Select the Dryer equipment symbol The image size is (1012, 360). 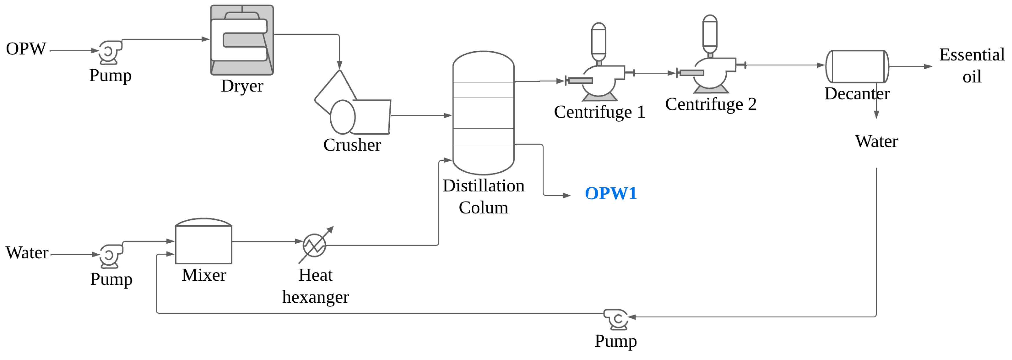pos(241,40)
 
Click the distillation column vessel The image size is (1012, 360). pos(483,113)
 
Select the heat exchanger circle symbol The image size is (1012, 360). pos(314,245)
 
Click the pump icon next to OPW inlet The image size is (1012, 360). pos(110,52)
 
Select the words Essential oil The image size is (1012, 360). pos(971,65)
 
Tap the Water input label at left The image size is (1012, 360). pos(27,253)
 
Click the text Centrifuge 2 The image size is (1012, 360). pos(710,104)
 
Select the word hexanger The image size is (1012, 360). pos(315,297)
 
